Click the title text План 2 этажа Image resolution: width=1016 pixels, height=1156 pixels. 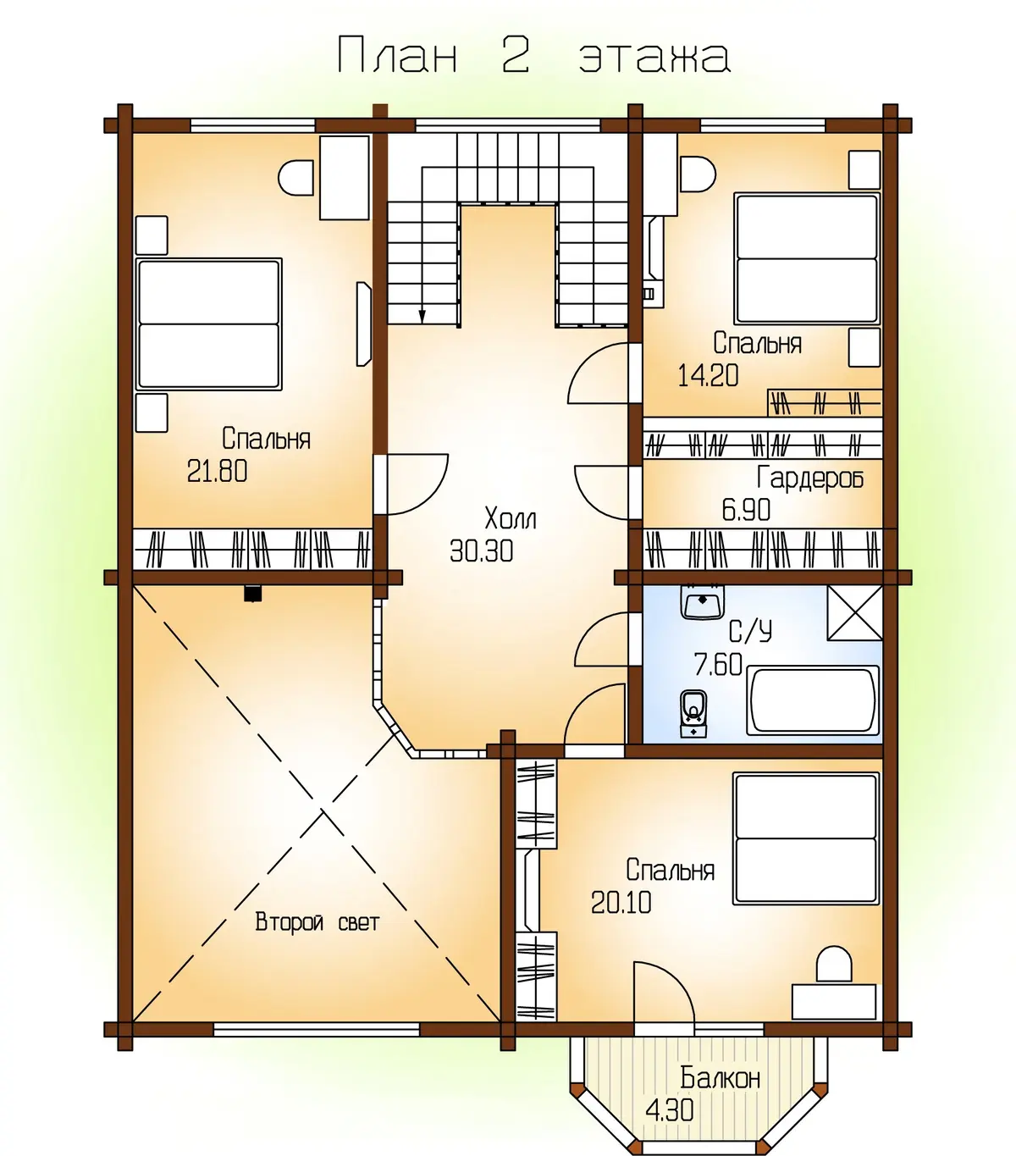[534, 55]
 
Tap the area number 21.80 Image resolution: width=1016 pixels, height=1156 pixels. [218, 472]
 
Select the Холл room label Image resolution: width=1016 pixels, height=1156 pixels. [510, 518]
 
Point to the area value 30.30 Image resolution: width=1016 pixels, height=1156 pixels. [482, 550]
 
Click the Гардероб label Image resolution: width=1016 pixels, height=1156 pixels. [810, 478]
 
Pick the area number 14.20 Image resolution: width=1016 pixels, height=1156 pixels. [708, 375]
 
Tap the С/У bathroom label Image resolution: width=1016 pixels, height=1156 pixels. [750, 632]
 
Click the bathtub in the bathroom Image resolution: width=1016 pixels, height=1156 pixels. [813, 700]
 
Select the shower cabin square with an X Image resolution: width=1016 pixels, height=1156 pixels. [854, 613]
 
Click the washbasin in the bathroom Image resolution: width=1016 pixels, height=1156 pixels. [702, 602]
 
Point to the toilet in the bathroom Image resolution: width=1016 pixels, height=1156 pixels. [693, 715]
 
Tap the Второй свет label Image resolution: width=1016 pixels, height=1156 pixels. [317, 922]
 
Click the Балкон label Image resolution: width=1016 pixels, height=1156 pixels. [721, 1078]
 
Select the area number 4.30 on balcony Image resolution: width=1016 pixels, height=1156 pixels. [670, 1110]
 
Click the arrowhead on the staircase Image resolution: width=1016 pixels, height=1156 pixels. [422, 317]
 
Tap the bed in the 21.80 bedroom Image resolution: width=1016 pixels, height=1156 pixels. [209, 324]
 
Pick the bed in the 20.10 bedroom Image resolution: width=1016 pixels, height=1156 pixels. [806, 838]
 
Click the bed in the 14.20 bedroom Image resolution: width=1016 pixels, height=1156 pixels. [807, 259]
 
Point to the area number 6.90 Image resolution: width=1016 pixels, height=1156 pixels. [746, 510]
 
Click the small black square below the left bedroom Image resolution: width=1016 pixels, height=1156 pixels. [252, 594]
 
